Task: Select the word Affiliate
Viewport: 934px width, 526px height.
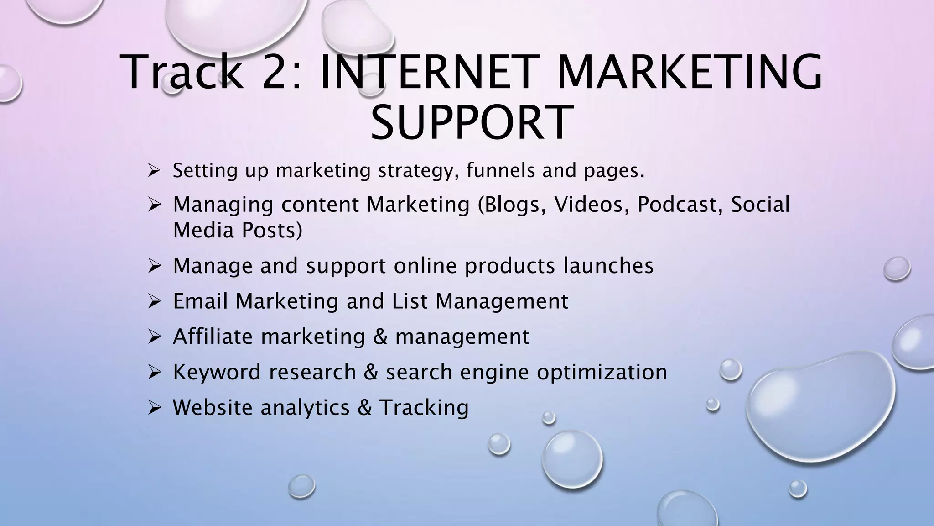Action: click(213, 337)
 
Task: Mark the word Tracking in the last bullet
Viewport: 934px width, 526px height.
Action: click(424, 408)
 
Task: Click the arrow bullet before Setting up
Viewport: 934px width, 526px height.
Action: click(153, 171)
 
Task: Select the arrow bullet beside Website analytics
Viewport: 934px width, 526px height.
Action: click(153, 408)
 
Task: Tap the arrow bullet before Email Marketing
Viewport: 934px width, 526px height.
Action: click(153, 301)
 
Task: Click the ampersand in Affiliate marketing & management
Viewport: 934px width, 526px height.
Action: click(380, 337)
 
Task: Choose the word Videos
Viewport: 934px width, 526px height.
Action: click(588, 205)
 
